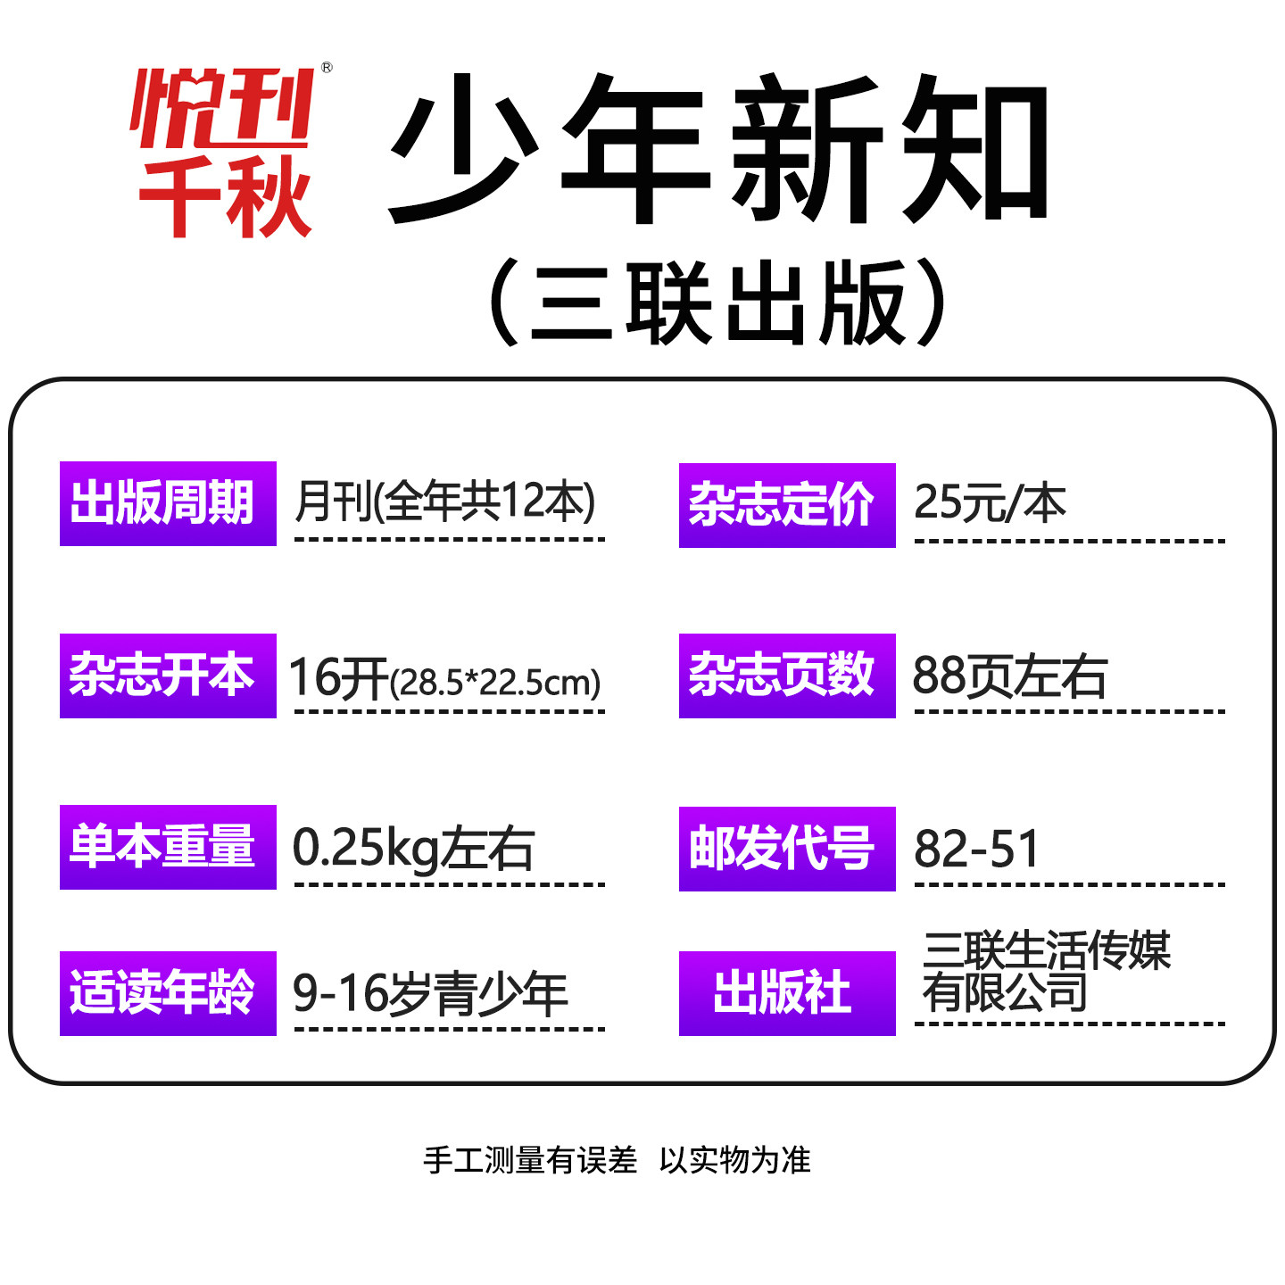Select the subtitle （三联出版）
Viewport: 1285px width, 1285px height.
pos(719,303)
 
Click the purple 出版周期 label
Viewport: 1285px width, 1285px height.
pos(168,503)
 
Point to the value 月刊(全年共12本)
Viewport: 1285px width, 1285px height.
pos(444,502)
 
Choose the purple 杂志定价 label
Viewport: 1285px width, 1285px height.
pos(786,505)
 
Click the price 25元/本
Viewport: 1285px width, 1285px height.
pos(990,503)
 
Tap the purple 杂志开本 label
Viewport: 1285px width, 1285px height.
pos(168,676)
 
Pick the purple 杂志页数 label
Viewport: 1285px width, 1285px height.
pos(786,676)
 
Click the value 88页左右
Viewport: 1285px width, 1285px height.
pos(1009,676)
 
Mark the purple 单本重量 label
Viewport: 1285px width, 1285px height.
pos(168,847)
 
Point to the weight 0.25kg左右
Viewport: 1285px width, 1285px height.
pos(413,849)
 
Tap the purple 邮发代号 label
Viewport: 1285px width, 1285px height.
pos(786,849)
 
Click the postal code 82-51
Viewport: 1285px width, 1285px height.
pos(977,849)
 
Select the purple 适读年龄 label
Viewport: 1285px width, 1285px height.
pos(168,993)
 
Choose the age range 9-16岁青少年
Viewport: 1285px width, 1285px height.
pos(430,994)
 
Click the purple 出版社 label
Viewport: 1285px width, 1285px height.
pos(786,993)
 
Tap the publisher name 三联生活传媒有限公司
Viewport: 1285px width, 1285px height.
pos(1046,971)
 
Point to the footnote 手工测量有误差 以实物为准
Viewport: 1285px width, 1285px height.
pos(617,1160)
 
